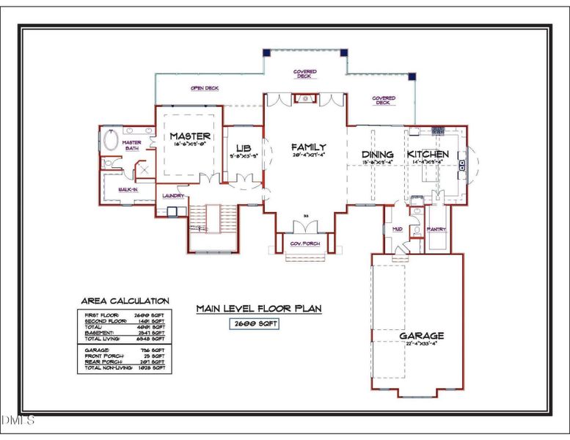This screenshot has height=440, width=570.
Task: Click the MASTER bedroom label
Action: [190, 136]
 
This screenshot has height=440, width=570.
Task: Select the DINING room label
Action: [378, 155]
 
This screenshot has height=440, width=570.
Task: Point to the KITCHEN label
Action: [434, 155]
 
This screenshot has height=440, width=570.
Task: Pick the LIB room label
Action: [243, 147]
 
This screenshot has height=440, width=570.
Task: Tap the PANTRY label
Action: [437, 229]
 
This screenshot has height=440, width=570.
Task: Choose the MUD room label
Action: [398, 229]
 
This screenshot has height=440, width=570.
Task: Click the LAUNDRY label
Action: [173, 196]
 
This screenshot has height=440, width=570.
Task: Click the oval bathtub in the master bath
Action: [111, 141]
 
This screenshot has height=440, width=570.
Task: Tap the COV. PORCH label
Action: [305, 243]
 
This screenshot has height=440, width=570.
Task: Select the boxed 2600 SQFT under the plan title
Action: [255, 323]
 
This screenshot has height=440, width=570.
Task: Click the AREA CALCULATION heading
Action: [124, 301]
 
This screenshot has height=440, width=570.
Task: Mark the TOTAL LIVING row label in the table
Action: [96, 338]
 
